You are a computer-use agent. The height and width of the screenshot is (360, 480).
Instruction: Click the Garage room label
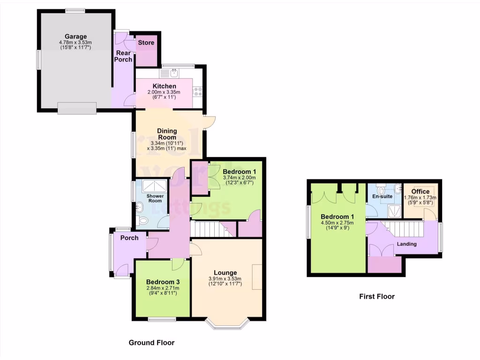click(75, 37)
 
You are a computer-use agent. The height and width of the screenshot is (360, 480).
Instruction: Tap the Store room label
click(146, 43)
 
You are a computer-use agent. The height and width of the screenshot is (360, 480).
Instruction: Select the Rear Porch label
click(123, 56)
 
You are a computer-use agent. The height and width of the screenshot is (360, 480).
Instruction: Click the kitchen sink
click(174, 73)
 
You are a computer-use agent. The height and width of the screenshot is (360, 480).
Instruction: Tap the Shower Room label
click(155, 198)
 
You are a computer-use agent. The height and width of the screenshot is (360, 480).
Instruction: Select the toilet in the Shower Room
click(143, 221)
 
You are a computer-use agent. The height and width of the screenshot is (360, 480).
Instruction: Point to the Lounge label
click(225, 272)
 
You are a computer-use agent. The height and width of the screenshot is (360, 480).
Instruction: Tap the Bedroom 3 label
click(163, 282)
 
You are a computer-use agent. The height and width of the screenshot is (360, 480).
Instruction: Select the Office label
click(420, 192)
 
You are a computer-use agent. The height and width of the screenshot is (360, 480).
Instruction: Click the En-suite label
click(382, 196)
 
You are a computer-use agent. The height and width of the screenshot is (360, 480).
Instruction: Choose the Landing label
click(406, 244)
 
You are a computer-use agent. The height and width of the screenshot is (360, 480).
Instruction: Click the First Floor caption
click(377, 296)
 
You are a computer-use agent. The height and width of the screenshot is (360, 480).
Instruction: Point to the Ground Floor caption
click(151, 343)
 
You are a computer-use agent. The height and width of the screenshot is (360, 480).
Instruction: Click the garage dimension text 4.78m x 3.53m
click(75, 43)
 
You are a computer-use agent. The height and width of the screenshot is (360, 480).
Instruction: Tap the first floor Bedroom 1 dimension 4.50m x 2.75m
click(337, 223)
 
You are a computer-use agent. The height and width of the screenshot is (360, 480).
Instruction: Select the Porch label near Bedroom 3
click(129, 238)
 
